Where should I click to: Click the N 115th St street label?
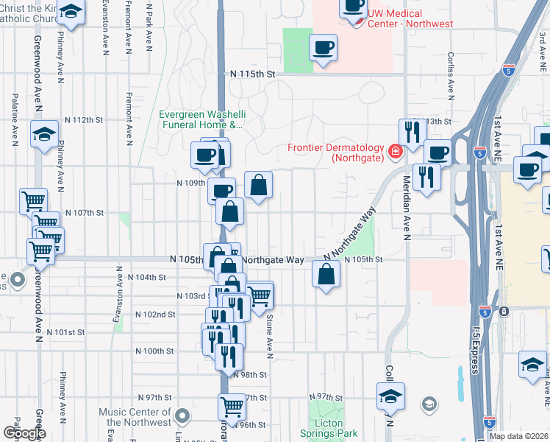point(251,74)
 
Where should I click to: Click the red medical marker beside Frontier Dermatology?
point(396,151)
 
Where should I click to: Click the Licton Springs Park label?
point(328,428)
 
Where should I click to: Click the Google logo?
point(24,433)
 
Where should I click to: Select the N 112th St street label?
point(83,119)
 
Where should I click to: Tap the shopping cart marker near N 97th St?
point(232,405)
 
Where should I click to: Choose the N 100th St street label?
point(154,351)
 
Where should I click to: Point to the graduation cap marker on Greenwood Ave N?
point(44,134)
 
